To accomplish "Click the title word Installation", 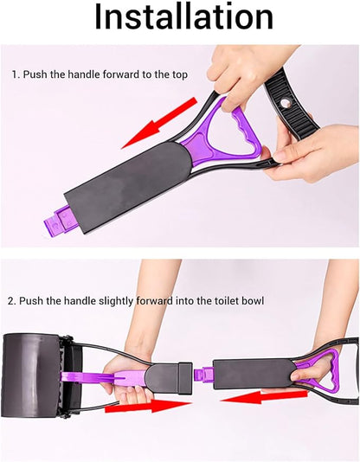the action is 183,17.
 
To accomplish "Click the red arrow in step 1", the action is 159,123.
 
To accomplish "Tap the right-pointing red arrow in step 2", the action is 148,406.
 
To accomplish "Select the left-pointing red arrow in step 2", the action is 264,396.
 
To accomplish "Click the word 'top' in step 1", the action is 180,75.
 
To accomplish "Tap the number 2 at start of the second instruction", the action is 11,301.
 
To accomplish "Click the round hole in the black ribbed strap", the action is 286,103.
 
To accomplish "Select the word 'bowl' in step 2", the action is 253,301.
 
